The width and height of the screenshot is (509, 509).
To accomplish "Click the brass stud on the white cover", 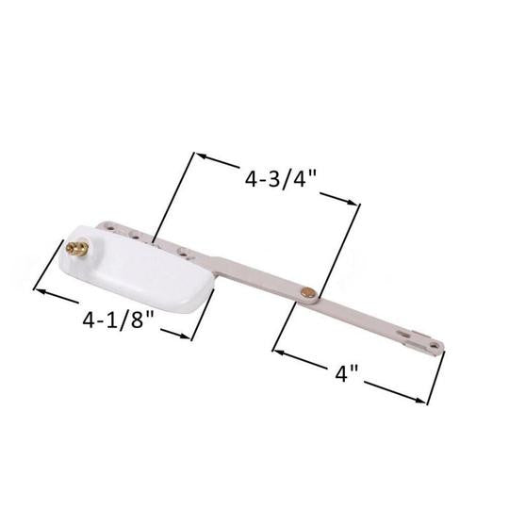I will click(76, 250).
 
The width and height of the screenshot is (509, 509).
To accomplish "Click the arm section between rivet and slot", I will click(363, 316).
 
